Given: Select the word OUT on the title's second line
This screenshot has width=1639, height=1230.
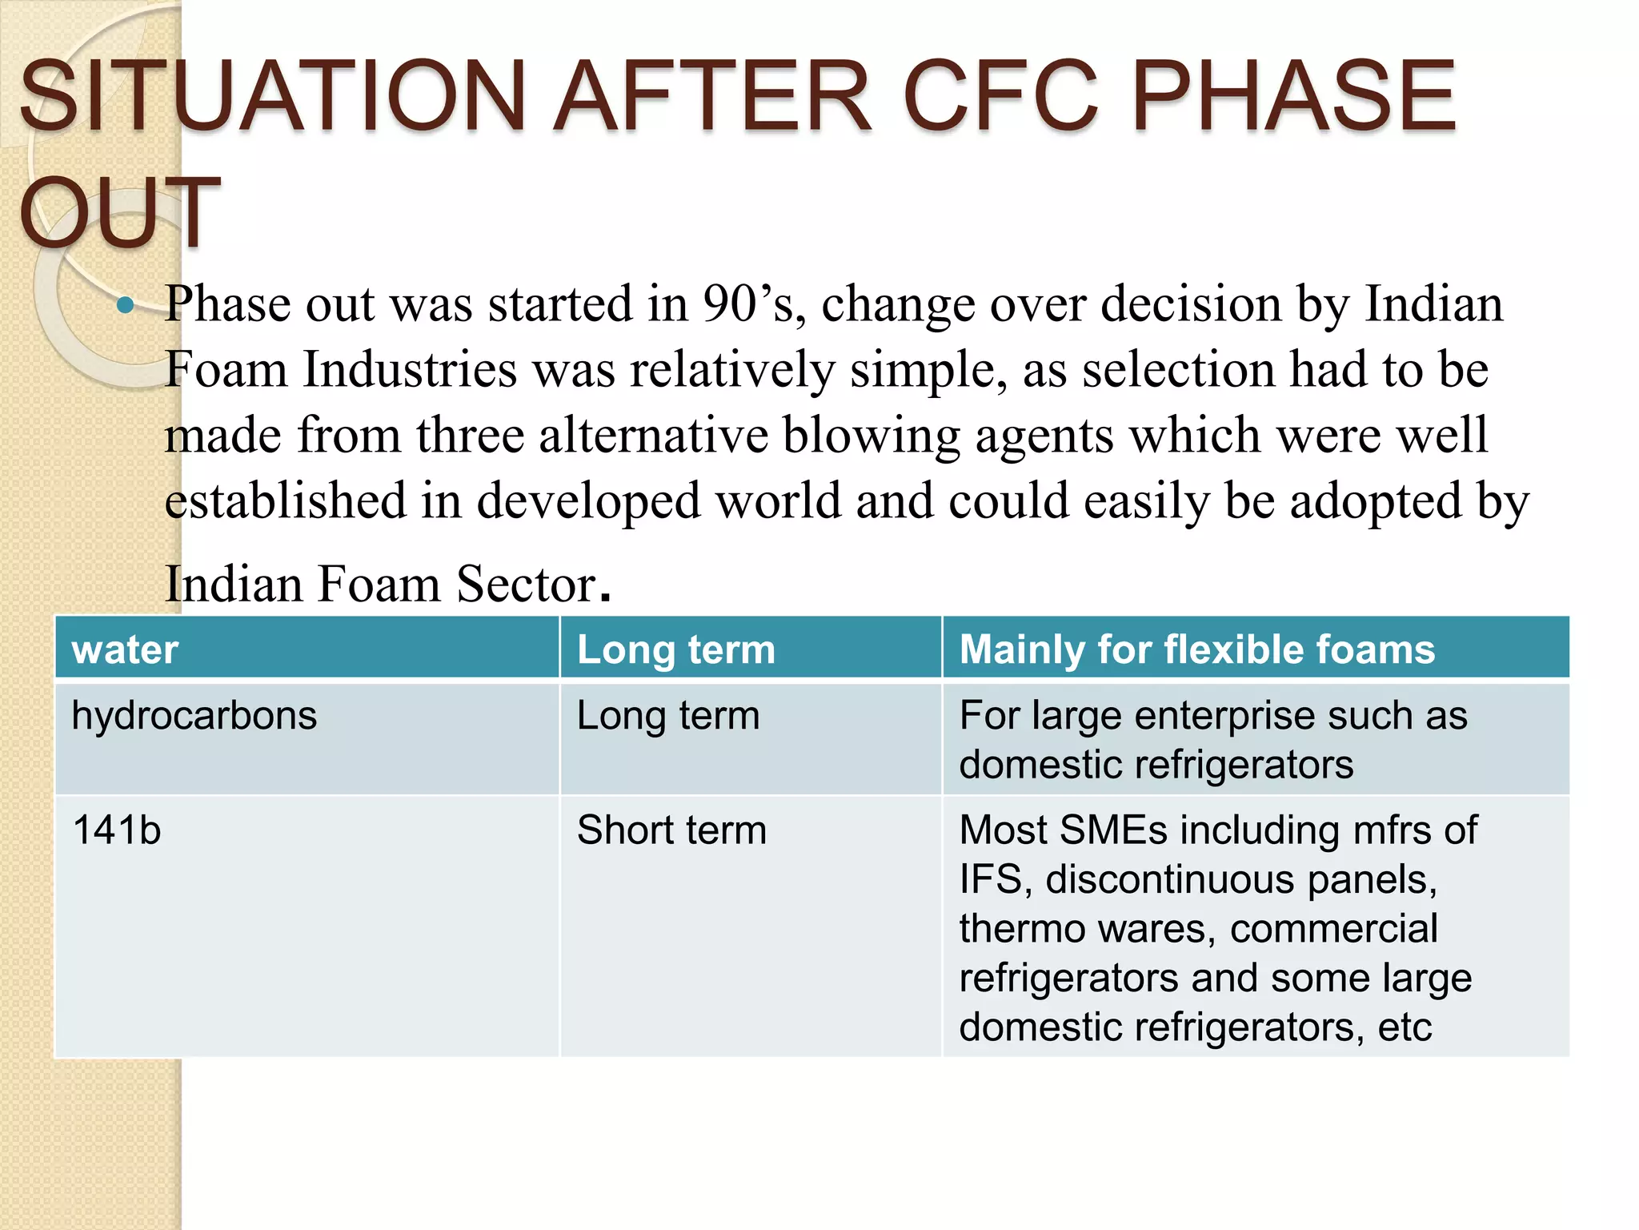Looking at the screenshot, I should (120, 212).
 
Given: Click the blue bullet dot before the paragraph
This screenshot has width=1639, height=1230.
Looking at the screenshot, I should (125, 305).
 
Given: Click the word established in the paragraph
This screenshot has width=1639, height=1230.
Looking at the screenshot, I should (285, 502).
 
